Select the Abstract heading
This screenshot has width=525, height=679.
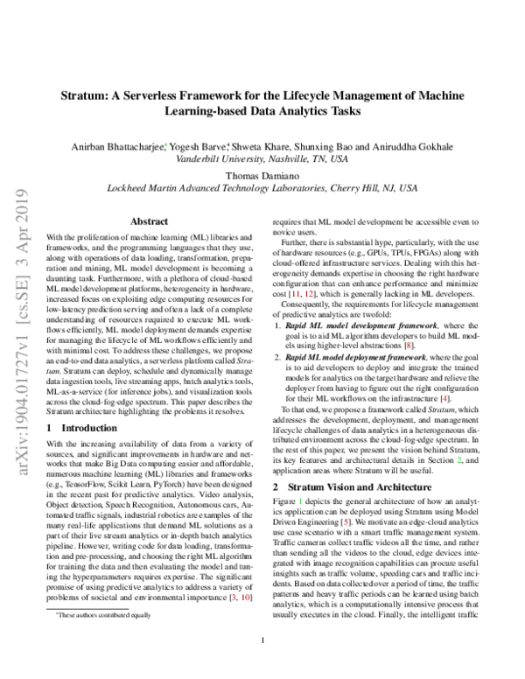[x=149, y=222]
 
